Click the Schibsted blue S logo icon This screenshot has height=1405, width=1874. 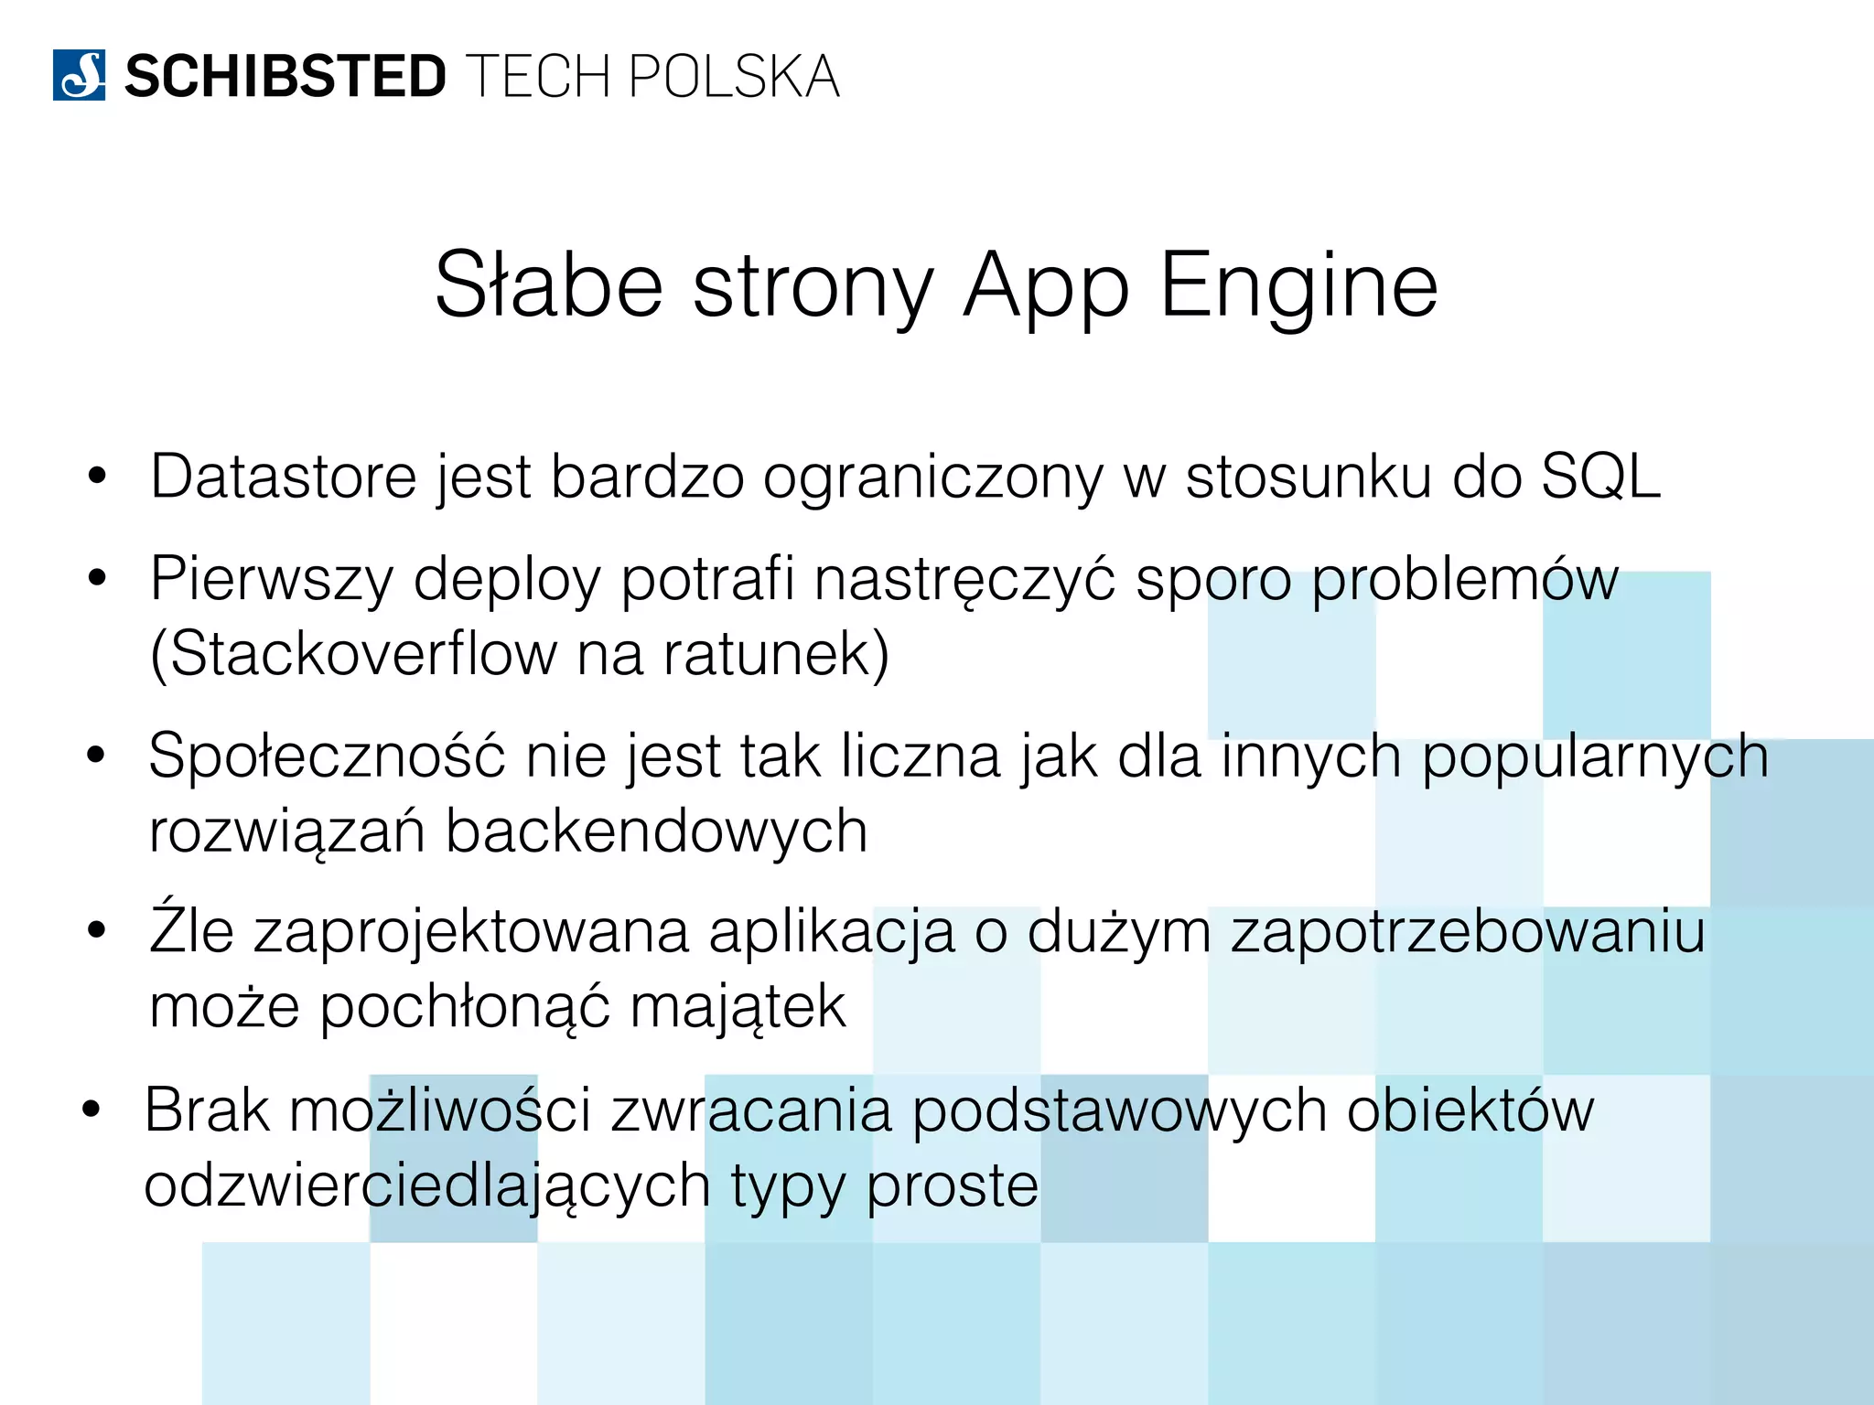[79, 75]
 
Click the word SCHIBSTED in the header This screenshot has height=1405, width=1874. [285, 77]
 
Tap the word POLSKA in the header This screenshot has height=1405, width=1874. [734, 77]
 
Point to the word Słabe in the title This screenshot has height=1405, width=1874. [548, 285]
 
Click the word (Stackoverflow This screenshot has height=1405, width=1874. [353, 654]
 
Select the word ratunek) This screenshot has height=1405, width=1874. [776, 654]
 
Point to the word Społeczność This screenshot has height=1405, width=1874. [327, 757]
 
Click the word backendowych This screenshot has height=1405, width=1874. [656, 831]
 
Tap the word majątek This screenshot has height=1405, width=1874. [738, 1008]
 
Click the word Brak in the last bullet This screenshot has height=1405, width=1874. [207, 1110]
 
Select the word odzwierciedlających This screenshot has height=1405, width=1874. [427, 1186]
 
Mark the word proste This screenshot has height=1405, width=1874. [952, 1186]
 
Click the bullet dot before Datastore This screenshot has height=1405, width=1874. [97, 477]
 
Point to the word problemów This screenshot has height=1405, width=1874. [1465, 580]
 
